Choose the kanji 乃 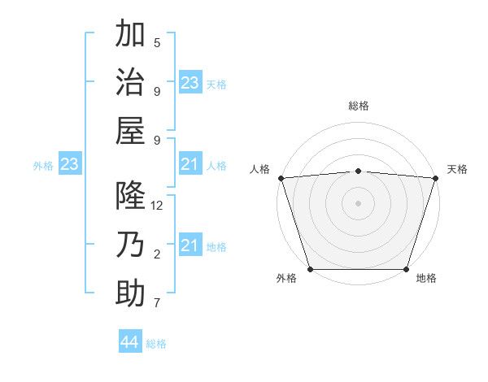point(131,245)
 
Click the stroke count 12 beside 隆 point(157,206)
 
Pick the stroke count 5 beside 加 point(157,43)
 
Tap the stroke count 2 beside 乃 point(157,254)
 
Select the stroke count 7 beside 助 point(157,303)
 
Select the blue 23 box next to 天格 point(190,83)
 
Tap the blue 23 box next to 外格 point(70,165)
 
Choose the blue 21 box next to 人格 point(190,165)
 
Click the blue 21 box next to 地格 point(190,246)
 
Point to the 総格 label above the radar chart point(358,106)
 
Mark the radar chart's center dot point(358,202)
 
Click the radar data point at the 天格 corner point(436,177)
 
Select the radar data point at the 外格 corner point(310,269)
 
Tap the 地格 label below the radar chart point(426,279)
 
